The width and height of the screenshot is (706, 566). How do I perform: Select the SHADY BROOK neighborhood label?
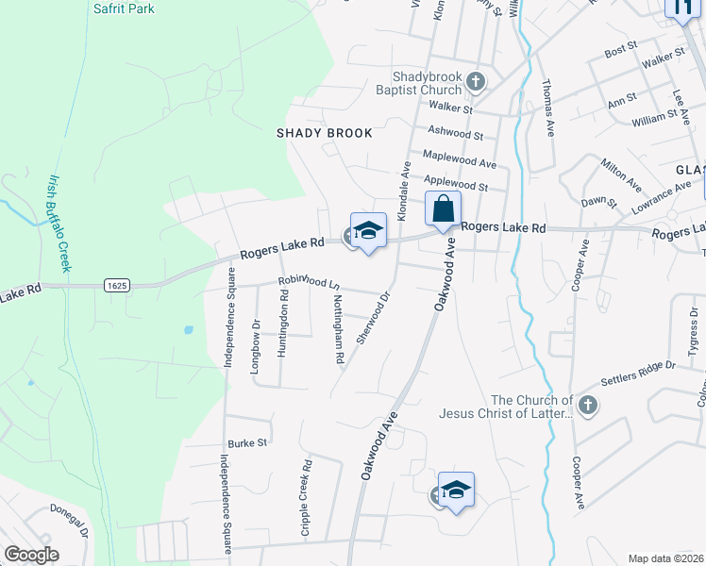[x=324, y=133]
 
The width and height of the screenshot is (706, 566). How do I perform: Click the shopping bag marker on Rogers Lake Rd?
[x=443, y=209]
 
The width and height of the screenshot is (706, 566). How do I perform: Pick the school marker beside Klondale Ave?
[x=368, y=230]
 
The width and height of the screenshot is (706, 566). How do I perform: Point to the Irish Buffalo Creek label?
[x=59, y=223]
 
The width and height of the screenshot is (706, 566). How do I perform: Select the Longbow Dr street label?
[x=255, y=348]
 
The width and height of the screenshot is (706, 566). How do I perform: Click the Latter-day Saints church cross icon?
[x=588, y=407]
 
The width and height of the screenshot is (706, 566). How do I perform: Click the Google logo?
[x=32, y=555]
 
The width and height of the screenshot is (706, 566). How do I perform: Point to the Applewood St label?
[x=456, y=187]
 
